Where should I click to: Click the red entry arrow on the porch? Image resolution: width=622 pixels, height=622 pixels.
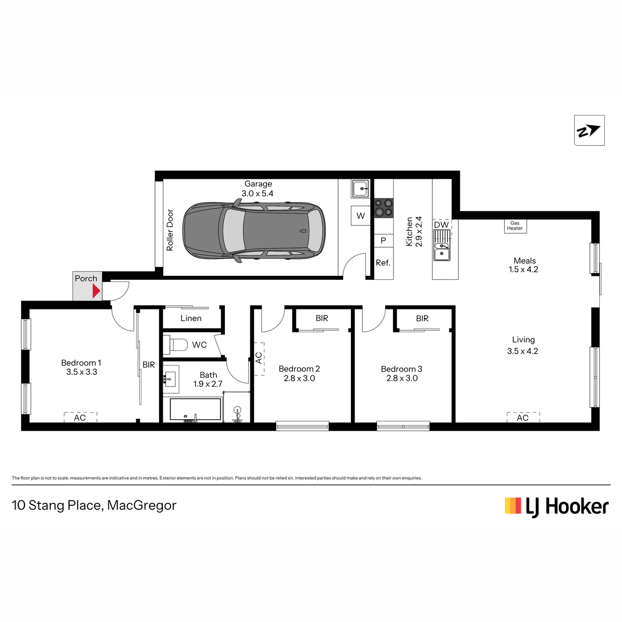(x=96, y=291)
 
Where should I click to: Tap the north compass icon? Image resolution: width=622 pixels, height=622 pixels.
(x=589, y=131)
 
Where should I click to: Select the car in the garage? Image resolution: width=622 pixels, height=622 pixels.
(x=253, y=231)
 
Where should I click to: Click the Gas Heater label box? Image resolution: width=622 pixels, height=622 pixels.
(x=515, y=226)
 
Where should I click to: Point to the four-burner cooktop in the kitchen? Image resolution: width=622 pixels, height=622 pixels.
(x=384, y=208)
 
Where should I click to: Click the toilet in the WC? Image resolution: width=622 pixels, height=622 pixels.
(x=176, y=344)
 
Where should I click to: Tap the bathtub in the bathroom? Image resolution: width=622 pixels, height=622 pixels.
(x=195, y=409)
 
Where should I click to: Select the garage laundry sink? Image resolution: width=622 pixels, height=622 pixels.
(x=361, y=189)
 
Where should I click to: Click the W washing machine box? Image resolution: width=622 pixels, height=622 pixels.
(x=361, y=216)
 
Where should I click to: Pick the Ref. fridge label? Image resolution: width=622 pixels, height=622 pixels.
(x=383, y=263)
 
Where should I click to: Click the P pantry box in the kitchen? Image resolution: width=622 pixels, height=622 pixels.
(x=384, y=241)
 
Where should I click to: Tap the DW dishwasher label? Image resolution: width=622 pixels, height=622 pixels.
(x=441, y=224)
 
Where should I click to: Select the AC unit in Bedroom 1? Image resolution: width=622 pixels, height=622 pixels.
(x=80, y=417)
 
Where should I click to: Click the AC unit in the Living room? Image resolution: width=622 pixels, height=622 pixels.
(x=523, y=417)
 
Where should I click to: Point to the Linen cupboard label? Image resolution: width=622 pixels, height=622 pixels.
(x=191, y=318)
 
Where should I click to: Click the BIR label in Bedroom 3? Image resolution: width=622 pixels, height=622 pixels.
(x=422, y=319)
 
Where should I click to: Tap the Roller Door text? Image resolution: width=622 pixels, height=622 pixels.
(x=170, y=230)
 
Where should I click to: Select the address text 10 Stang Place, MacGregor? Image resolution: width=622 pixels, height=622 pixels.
(x=94, y=506)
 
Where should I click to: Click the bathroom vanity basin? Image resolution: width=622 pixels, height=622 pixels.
(x=171, y=379)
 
